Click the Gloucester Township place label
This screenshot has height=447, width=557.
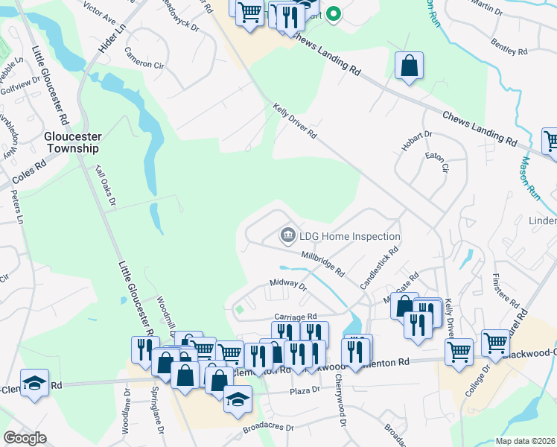[x=71, y=142]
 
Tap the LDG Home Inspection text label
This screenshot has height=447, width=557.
[x=350, y=236]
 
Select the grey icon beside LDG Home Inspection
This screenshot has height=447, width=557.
[x=287, y=236]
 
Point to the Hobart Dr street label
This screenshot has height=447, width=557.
[x=416, y=141]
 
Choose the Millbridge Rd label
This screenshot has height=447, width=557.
[x=322, y=264]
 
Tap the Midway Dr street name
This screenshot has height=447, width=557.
[x=288, y=284]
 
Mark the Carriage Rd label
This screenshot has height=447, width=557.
[x=296, y=316]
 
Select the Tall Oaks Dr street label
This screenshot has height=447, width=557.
[x=105, y=186]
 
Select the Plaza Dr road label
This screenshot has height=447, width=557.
[x=305, y=390]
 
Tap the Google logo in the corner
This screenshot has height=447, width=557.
[x=24, y=438]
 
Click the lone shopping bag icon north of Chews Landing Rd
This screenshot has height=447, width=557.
[x=409, y=66]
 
